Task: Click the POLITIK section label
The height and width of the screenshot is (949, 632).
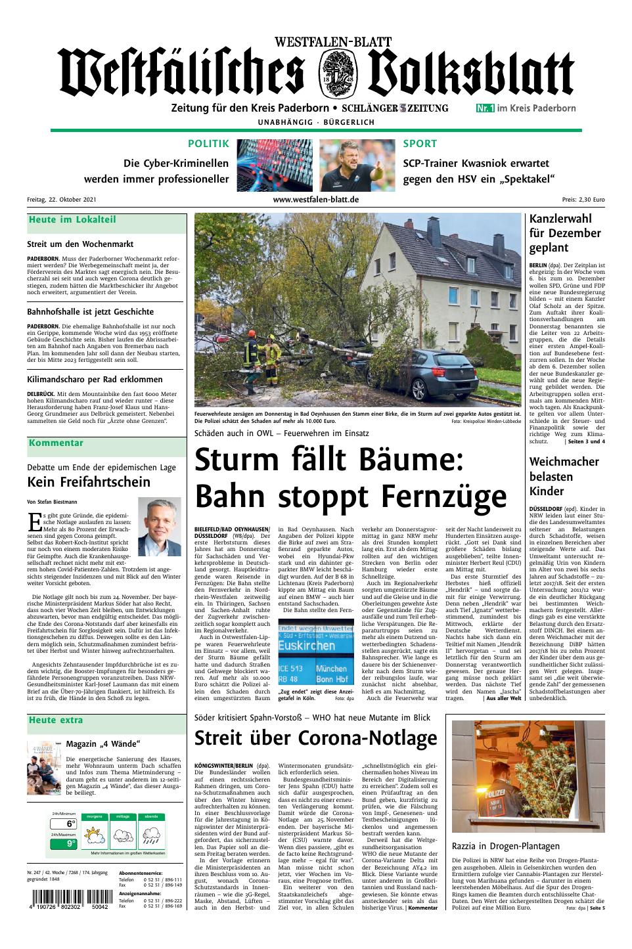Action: [208, 144]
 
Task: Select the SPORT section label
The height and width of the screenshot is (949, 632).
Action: [420, 144]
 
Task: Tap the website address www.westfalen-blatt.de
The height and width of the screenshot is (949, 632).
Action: [316, 200]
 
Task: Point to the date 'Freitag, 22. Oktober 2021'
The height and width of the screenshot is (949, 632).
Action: [62, 200]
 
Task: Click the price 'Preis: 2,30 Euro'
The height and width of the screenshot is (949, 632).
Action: [583, 200]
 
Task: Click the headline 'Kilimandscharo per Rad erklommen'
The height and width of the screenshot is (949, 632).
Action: [95, 379]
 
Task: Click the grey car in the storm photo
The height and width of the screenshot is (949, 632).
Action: [438, 376]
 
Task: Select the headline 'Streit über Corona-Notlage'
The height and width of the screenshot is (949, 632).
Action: [316, 738]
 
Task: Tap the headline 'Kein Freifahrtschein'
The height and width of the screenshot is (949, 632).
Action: [89, 482]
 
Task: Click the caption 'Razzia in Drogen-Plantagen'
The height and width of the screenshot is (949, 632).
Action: [506, 846]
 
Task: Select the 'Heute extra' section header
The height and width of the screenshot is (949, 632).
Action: [56, 720]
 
